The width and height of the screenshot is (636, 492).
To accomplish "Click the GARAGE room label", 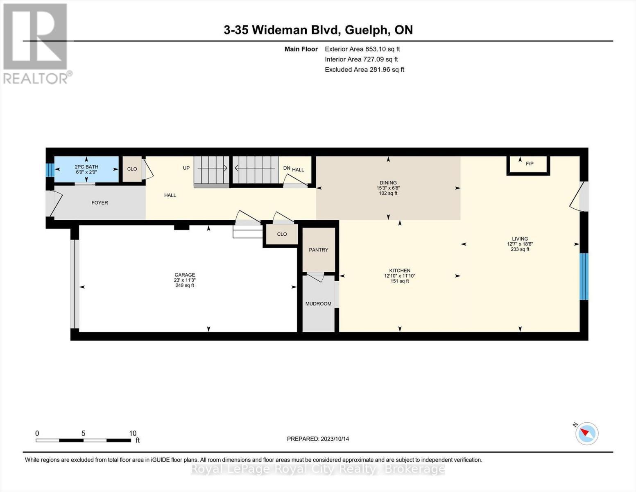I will pos(184,275).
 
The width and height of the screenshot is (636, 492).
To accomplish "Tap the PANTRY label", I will pos(318,250).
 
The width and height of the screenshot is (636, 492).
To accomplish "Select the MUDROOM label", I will pos(318,304).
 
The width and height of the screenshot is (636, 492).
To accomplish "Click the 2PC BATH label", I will pos(86,167).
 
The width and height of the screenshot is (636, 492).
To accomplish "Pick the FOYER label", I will pos(100,203).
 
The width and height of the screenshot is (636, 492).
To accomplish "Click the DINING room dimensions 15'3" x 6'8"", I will pos(388,188).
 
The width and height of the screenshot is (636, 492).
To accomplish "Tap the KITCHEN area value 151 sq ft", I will pos(400,281).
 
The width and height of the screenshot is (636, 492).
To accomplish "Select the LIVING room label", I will pos(520,239).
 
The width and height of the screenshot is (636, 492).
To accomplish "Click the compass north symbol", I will pos(586,433).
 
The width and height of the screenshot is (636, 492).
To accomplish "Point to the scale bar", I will pos(84,440).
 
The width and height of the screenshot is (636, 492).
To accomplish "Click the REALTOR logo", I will pos(36,43).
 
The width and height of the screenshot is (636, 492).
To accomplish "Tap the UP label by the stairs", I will pos(186,168).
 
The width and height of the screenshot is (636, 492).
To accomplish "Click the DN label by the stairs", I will pos(287,168).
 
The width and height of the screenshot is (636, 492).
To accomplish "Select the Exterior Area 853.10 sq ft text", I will pos(362,49).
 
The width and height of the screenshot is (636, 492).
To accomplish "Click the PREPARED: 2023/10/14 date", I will pos(318,439).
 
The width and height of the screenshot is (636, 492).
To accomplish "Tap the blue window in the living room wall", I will pos(584,276).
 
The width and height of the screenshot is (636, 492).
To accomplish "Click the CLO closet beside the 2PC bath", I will pos(132,169).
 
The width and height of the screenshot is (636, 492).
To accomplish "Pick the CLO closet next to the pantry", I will pos(282,234).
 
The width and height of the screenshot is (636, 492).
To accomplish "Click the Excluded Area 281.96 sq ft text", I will pos(364,70).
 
